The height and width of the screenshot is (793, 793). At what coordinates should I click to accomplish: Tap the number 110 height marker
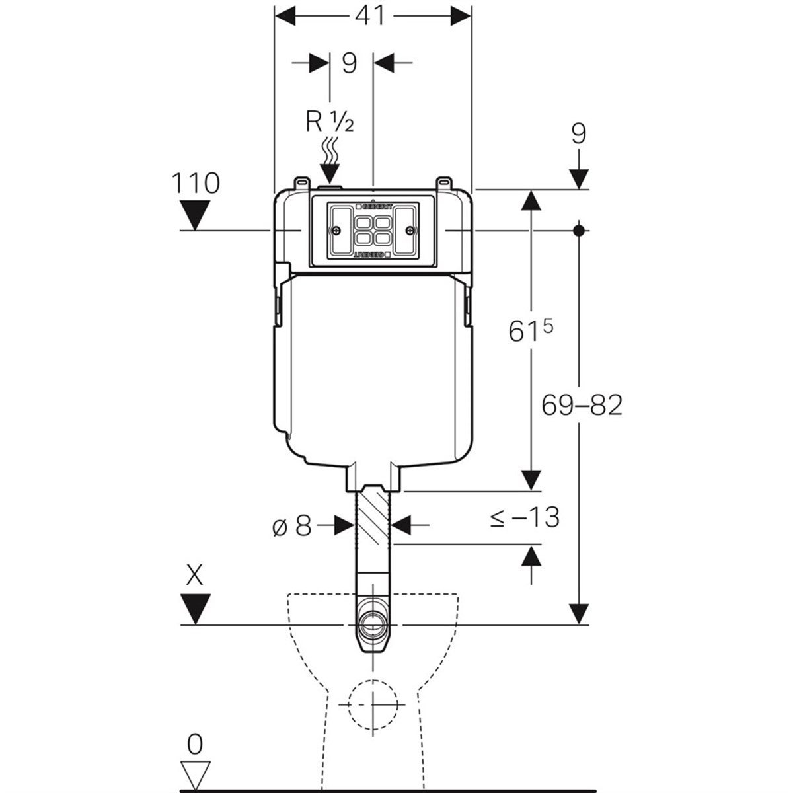click(x=196, y=183)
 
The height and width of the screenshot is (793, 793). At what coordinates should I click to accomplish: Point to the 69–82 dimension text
click(x=582, y=406)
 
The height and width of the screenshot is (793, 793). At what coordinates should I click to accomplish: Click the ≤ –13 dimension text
click(x=525, y=517)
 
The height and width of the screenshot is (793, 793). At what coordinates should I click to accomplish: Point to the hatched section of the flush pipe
click(x=374, y=515)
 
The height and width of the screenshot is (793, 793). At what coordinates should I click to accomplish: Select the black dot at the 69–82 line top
click(x=580, y=231)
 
